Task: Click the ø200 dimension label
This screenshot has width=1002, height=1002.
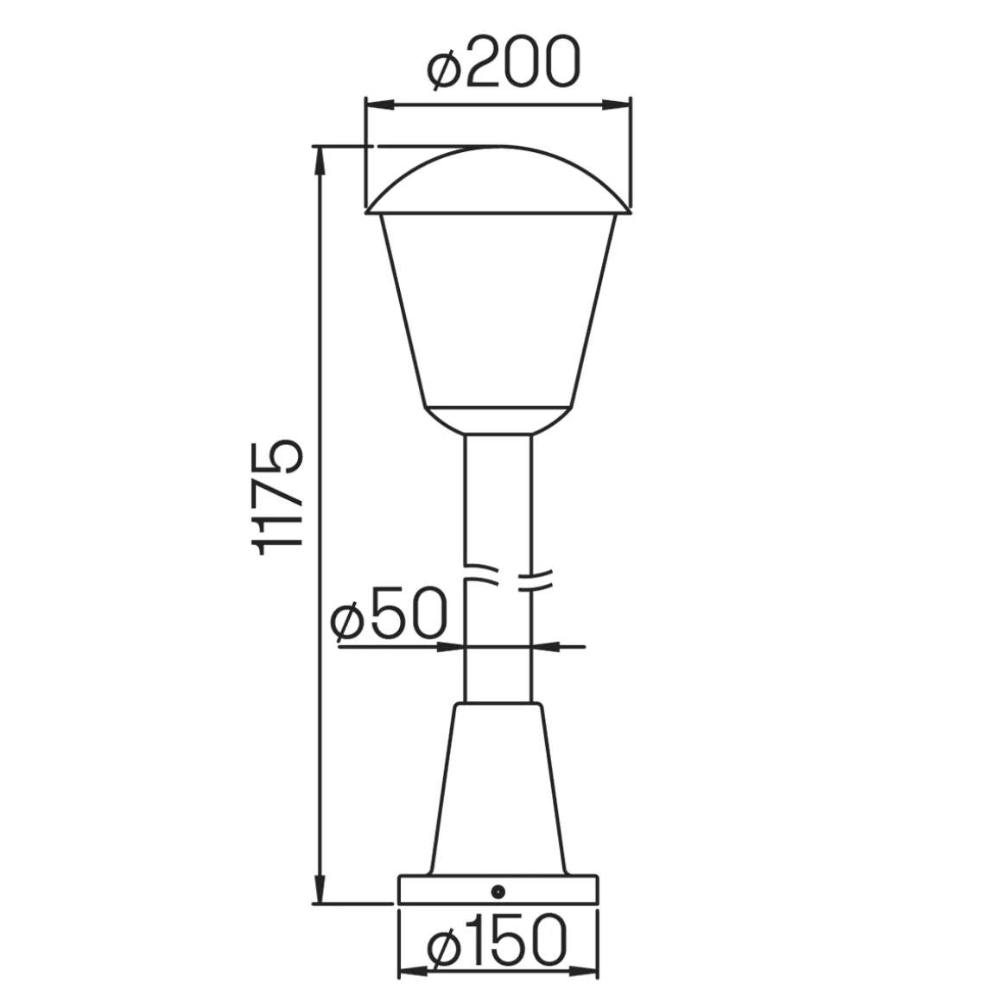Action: pyautogui.click(x=504, y=62)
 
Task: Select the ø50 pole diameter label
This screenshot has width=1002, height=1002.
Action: pyautogui.click(x=388, y=613)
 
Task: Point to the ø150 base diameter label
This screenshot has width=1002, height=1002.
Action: pyautogui.click(x=497, y=941)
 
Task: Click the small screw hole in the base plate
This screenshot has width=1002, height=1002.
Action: pyautogui.click(x=498, y=891)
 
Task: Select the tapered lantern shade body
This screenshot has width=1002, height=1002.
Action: pyautogui.click(x=498, y=310)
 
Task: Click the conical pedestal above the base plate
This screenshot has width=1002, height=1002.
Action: pyautogui.click(x=498, y=789)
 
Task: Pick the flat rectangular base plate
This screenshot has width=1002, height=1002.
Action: pyautogui.click(x=498, y=890)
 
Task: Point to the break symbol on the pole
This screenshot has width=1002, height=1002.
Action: pyautogui.click(x=506, y=577)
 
